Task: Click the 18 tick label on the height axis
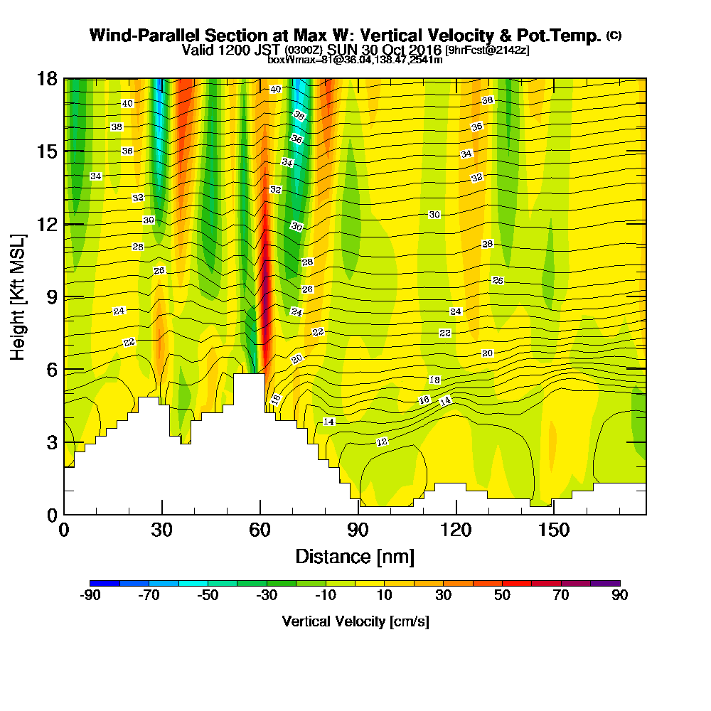pos(46,79)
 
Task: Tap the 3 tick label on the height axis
pos(50,442)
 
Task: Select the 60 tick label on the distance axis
pos(260,530)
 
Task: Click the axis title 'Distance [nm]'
pos(355,556)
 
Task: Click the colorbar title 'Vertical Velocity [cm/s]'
pos(355,621)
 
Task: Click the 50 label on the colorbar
pos(503,596)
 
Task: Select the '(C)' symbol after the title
pos(614,35)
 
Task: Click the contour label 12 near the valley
pos(383,442)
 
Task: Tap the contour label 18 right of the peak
pos(434,380)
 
